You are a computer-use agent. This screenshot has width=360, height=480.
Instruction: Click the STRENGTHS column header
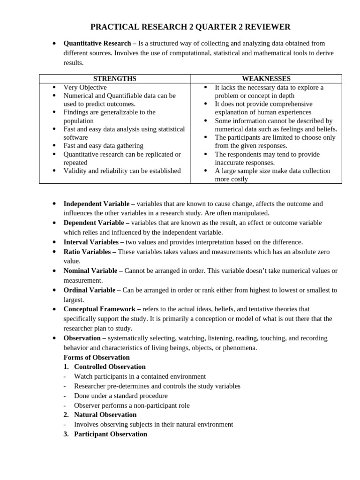(x=115, y=79)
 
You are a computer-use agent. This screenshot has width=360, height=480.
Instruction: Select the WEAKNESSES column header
(x=266, y=79)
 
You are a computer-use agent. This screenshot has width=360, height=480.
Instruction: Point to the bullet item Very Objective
(x=85, y=87)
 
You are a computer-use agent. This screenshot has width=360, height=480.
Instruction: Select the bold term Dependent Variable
(x=94, y=223)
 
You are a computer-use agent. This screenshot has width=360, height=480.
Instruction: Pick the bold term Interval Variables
(x=91, y=242)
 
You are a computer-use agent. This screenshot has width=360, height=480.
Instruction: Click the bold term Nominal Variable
(x=90, y=270)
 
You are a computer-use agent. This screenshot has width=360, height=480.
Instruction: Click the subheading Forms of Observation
(x=97, y=357)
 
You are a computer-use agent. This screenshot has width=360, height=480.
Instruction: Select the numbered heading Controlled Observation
(x=110, y=367)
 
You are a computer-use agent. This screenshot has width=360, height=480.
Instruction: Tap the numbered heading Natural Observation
(x=105, y=414)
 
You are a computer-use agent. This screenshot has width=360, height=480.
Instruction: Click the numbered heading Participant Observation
(x=110, y=434)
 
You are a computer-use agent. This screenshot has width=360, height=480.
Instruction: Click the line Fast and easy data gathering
(x=103, y=146)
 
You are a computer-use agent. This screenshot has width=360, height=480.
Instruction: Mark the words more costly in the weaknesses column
(x=231, y=179)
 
